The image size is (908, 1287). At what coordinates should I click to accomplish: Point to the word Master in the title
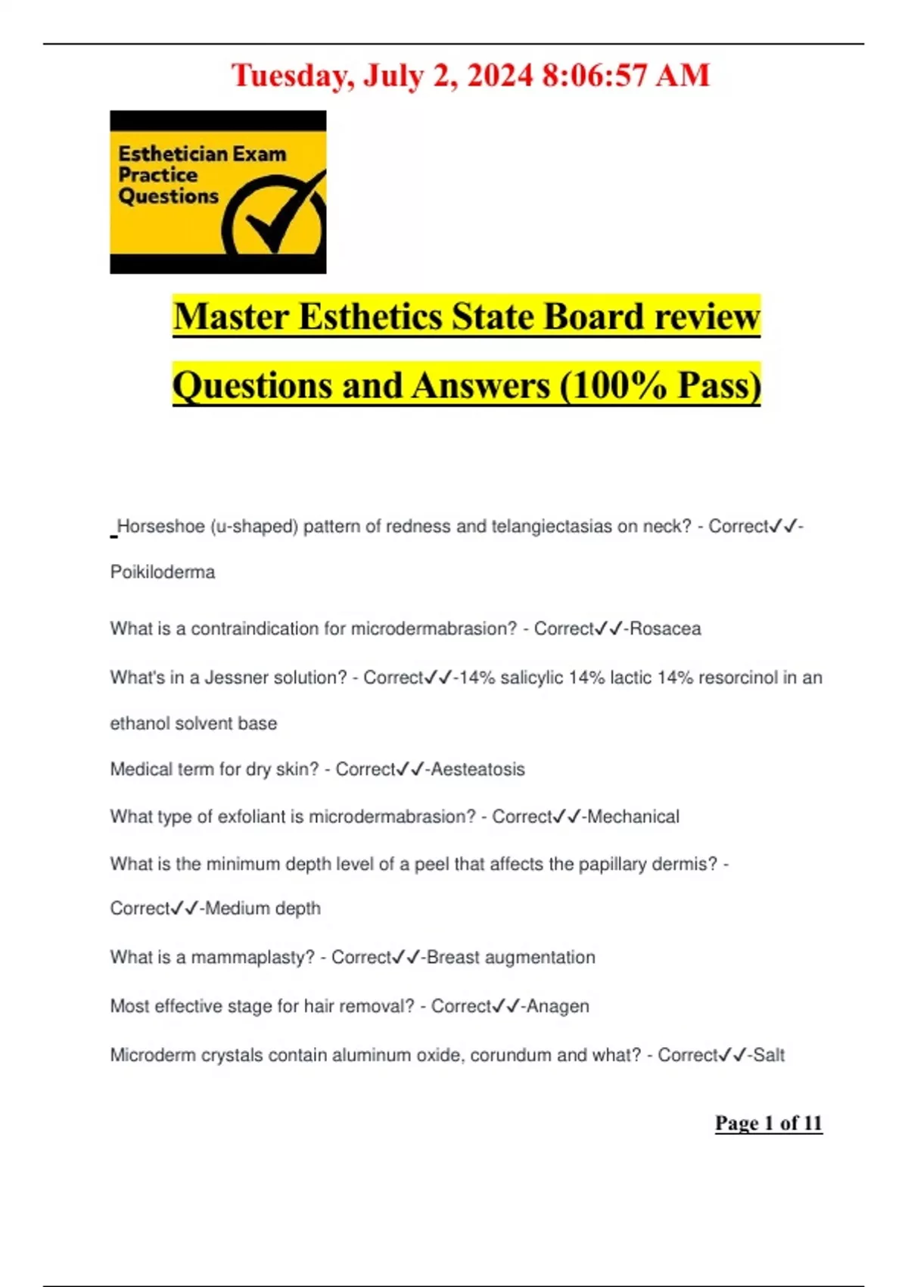[231, 317]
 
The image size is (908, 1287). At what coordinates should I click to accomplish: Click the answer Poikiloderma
[163, 572]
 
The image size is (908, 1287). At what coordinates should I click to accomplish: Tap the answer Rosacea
[665, 629]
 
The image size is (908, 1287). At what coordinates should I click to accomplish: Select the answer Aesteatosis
[478, 770]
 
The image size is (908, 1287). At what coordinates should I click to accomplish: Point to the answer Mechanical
[633, 817]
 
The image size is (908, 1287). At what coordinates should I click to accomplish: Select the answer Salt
[769, 1055]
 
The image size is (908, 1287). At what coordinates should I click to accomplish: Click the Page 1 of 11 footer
[768, 1123]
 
